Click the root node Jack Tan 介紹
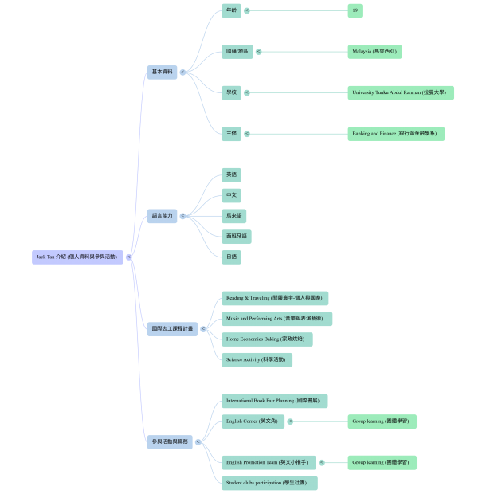pyautogui.click(x=76, y=257)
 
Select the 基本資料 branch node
pyautogui.click(x=162, y=72)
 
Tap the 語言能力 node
pyautogui.click(x=162, y=215)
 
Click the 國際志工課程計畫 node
pyautogui.click(x=172, y=328)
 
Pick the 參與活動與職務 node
pyautogui.click(x=169, y=441)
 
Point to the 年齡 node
pyautogui.click(x=231, y=10)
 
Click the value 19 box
pyautogui.click(x=355, y=10)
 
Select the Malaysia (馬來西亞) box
pyautogui.click(x=374, y=52)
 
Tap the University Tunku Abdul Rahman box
pyautogui.click(x=402, y=92)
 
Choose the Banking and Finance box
pyautogui.click(x=396, y=134)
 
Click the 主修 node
pyautogui.click(x=231, y=134)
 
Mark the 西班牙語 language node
pyautogui.click(x=237, y=236)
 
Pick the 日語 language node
pyautogui.click(x=231, y=257)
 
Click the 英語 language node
pyautogui.click(x=231, y=174)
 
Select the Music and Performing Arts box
pyautogui.click(x=276, y=319)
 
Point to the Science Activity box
pyautogui.click(x=257, y=359)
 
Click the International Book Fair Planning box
pyautogui.click(x=275, y=401)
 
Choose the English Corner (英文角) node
pyautogui.click(x=253, y=421)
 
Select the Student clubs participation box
pyautogui.click(x=269, y=483)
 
